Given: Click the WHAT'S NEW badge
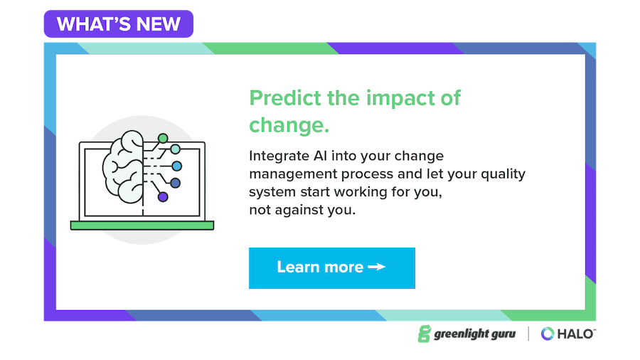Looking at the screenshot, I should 119,24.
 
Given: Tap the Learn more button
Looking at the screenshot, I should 331,268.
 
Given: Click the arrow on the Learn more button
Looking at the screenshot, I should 377,268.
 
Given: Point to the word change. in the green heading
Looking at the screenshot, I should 289,125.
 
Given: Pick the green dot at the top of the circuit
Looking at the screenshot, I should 163,137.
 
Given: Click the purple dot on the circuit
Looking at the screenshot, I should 163,197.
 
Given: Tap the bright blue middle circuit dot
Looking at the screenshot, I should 177,166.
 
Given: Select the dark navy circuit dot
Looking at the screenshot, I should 175,183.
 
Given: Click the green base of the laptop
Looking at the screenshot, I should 142,226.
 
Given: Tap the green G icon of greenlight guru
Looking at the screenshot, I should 424,334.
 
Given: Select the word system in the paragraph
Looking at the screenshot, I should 270,193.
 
